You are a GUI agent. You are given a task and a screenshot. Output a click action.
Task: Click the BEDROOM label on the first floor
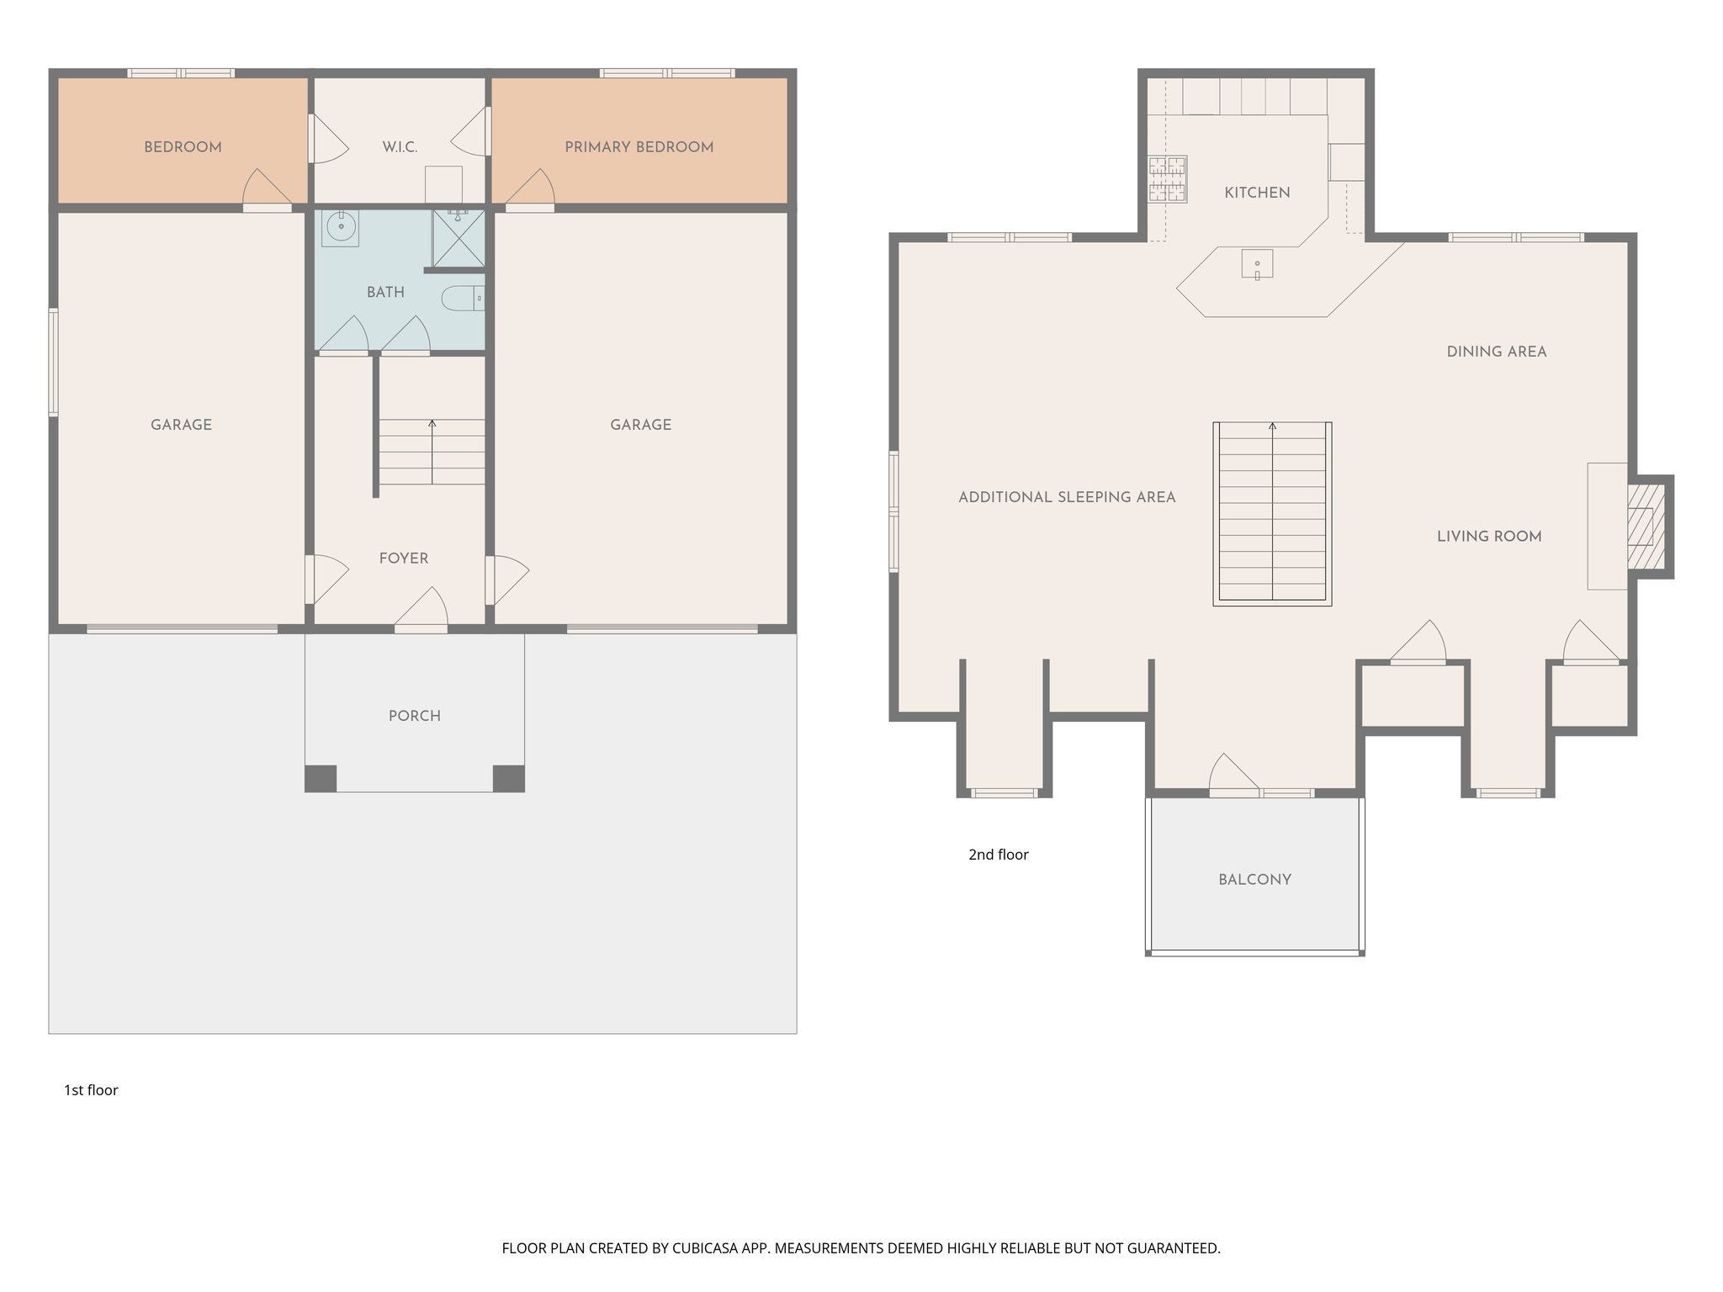click(x=183, y=147)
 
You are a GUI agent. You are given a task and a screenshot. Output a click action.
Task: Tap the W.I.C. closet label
click(x=400, y=147)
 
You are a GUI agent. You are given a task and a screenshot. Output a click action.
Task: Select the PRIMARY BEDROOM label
click(x=639, y=147)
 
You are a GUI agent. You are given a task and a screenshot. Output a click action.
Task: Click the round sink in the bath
click(x=341, y=226)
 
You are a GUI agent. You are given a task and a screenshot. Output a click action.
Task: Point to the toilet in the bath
click(x=461, y=299)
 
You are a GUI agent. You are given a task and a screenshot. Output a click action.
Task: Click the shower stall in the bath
click(x=459, y=238)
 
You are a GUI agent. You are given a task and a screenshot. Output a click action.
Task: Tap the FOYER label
click(x=403, y=559)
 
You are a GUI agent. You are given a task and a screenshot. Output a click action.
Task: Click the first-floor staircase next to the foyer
click(x=432, y=452)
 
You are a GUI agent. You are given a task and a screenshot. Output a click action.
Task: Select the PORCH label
click(x=414, y=716)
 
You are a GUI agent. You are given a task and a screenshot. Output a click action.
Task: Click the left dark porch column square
click(x=321, y=778)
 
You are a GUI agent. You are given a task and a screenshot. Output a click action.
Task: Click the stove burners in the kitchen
click(x=1168, y=179)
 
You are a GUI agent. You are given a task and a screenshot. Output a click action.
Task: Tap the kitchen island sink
click(x=1257, y=264)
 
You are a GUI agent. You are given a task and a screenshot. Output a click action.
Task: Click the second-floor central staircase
click(x=1272, y=513)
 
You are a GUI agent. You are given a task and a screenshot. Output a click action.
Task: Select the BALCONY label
click(x=1254, y=880)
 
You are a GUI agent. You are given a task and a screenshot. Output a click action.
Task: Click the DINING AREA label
click(x=1496, y=352)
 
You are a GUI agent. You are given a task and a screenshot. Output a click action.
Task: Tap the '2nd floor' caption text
click(x=998, y=855)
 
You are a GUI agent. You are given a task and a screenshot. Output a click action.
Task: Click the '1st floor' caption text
click(x=91, y=1090)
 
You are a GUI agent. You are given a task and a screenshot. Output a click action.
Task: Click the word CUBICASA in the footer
click(x=705, y=1248)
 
